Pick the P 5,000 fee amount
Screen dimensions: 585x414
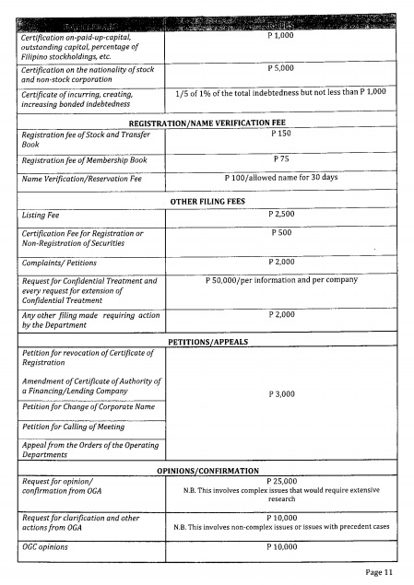pos(280,67)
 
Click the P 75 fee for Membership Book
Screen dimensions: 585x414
pos(280,158)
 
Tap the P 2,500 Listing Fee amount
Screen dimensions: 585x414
pos(280,214)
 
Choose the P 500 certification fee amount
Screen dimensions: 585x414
pos(280,233)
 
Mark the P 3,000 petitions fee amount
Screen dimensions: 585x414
pos(280,393)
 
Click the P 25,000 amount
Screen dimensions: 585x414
pos(280,480)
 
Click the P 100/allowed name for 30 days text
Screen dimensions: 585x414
pos(280,177)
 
